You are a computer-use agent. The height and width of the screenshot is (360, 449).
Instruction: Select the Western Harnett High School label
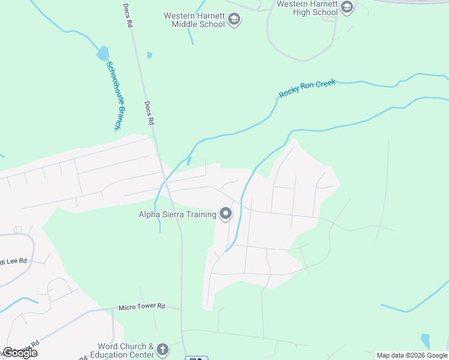[x=307, y=8]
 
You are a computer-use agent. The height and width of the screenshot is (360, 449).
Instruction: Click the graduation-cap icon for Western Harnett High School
[x=346, y=8]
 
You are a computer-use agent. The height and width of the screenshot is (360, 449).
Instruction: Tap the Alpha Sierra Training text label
[x=177, y=214]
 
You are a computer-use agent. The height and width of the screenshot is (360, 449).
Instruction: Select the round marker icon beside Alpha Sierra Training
[x=226, y=214]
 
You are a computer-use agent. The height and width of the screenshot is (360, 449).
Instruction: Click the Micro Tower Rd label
[x=141, y=306]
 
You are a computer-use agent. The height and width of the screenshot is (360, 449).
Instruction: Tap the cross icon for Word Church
[x=162, y=350]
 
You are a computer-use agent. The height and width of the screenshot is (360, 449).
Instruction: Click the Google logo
[x=20, y=353]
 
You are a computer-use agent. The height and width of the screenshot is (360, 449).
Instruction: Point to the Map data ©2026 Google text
[x=412, y=355]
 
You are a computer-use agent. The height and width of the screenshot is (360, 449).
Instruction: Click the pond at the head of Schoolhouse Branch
[x=102, y=53]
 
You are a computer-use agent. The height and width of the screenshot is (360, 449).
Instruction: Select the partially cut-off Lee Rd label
[x=13, y=261]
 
